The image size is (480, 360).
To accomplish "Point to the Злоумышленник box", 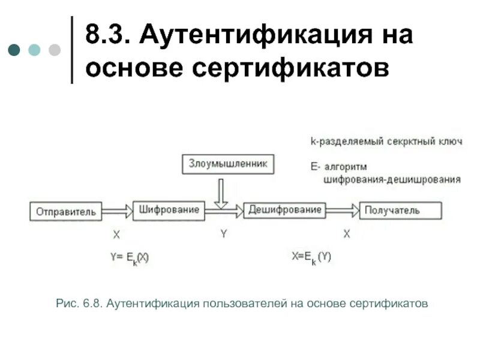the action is (223, 164).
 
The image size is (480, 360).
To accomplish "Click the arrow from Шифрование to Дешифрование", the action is (224, 209).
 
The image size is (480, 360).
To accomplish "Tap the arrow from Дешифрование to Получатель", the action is (343, 210).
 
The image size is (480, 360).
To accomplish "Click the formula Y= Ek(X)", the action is (129, 257).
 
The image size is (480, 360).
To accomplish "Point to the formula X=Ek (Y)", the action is (311, 257).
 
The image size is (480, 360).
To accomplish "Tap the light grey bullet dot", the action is (55, 49).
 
